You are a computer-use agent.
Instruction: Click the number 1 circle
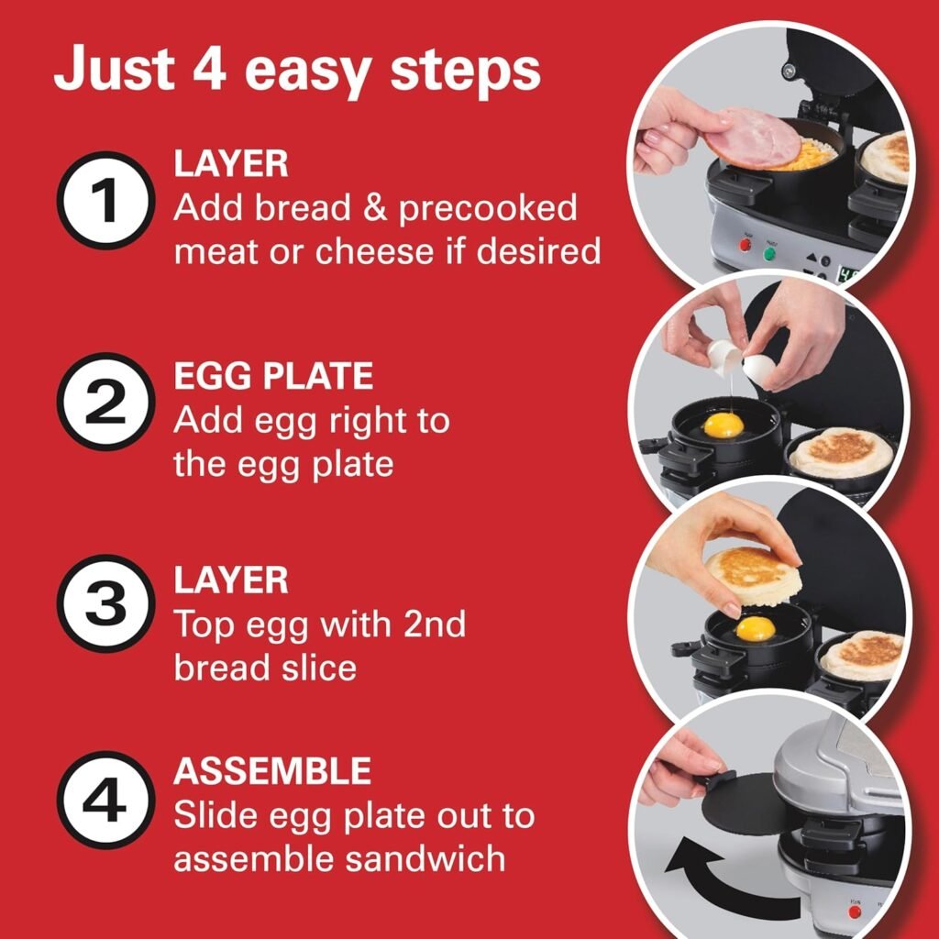click(x=104, y=201)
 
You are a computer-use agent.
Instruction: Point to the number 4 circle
click(x=104, y=801)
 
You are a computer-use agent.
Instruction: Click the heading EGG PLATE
click(x=273, y=377)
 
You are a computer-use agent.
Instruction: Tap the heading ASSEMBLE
click(x=272, y=771)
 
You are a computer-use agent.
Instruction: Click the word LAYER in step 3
click(x=231, y=580)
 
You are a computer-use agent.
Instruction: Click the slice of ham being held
click(x=757, y=138)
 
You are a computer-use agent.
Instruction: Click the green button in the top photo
click(x=769, y=252)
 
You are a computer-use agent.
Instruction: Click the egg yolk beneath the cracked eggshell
click(x=724, y=425)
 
